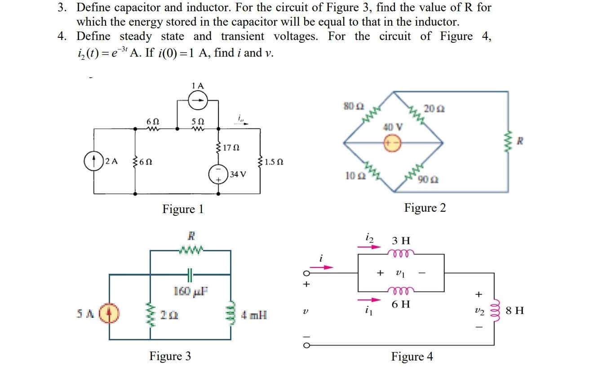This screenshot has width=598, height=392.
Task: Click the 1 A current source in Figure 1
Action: (197, 102)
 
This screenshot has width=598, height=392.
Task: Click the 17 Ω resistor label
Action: (232, 147)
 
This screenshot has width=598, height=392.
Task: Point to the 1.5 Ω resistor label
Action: (274, 161)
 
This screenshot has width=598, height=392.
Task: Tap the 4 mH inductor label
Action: (254, 315)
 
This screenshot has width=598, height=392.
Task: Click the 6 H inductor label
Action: (400, 304)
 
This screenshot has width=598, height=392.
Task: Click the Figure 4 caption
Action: (412, 357)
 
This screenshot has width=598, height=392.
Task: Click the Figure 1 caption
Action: (183, 209)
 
